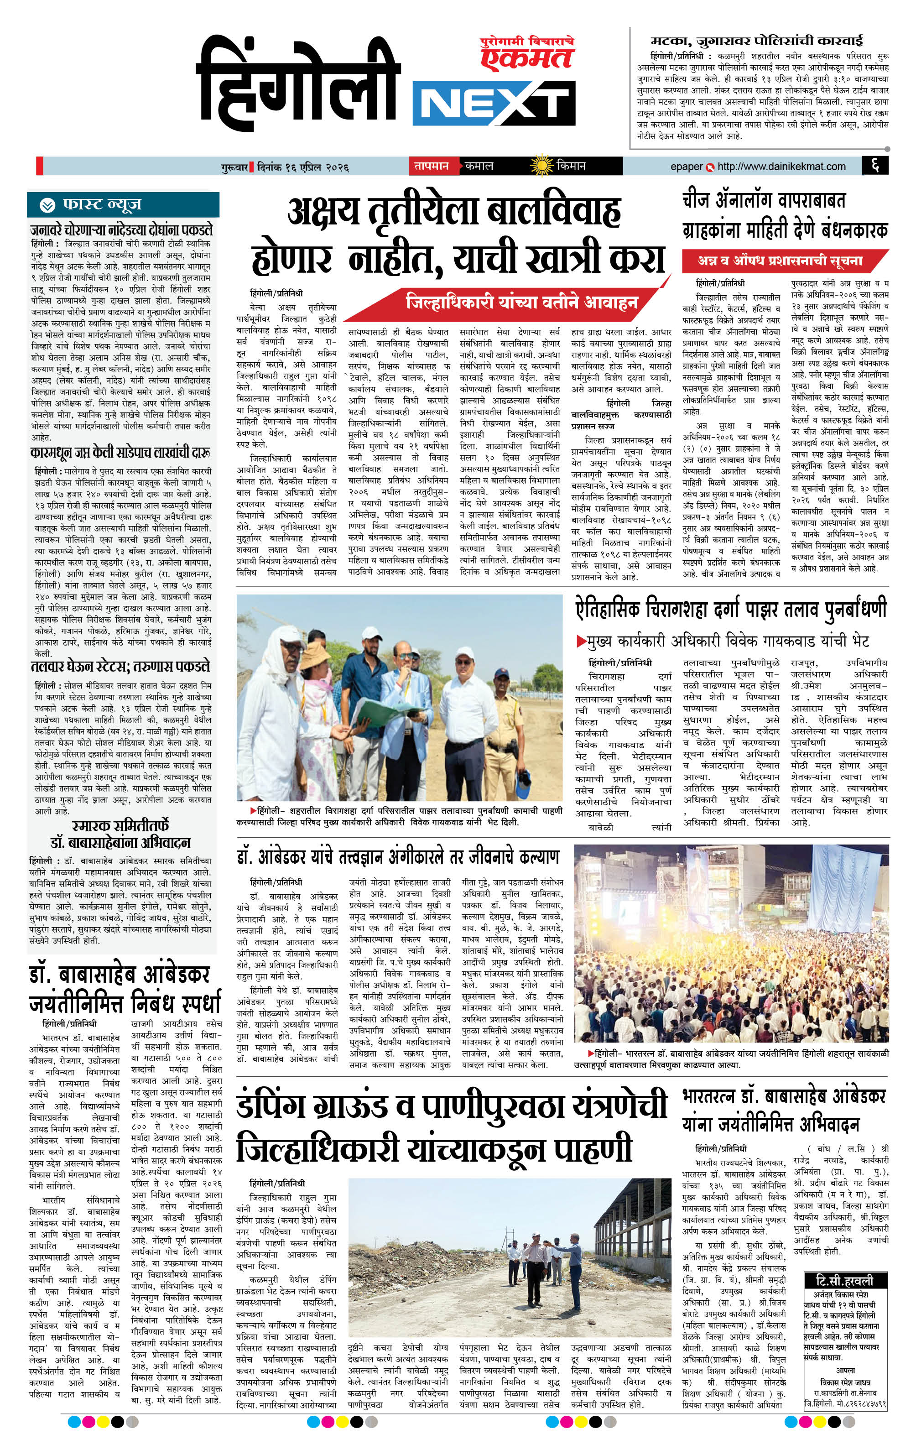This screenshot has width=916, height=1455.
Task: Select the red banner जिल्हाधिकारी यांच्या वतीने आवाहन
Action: [x=522, y=301]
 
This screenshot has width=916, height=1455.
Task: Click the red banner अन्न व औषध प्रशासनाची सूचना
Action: [x=780, y=261]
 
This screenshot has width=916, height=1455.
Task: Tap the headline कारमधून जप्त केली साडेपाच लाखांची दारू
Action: [x=121, y=453]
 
